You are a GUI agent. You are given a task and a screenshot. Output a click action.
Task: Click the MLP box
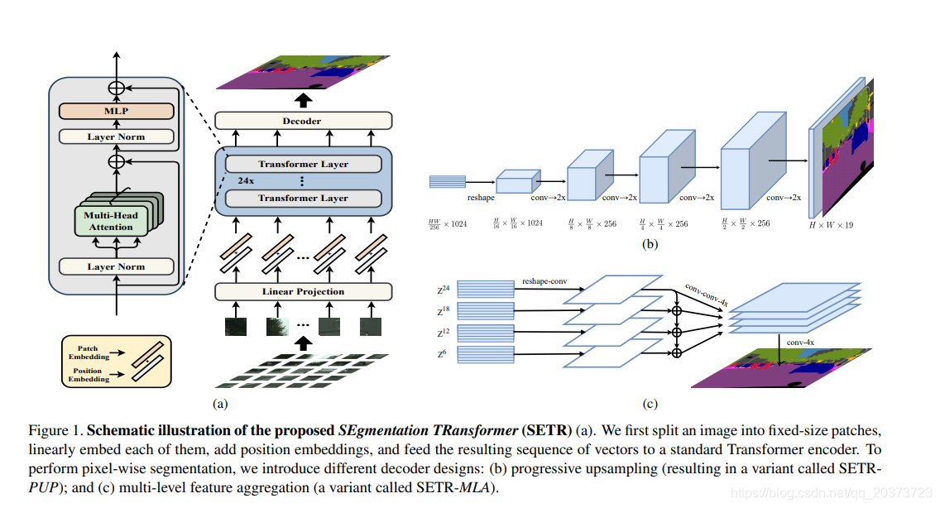tap(116, 111)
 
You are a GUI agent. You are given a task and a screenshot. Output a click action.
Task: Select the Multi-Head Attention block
tap(111, 221)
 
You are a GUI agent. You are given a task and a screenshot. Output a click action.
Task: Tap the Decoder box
tap(302, 121)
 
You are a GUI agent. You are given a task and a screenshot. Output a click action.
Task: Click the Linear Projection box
tap(303, 291)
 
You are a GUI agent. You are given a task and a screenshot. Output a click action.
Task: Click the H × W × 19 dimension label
tap(830, 225)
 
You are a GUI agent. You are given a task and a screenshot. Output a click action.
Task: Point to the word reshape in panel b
tap(481, 199)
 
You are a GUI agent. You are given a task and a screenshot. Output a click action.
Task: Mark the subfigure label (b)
tap(650, 244)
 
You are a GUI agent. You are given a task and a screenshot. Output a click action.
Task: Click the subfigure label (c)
tap(650, 404)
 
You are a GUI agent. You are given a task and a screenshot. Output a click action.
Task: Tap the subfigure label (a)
tap(220, 404)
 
